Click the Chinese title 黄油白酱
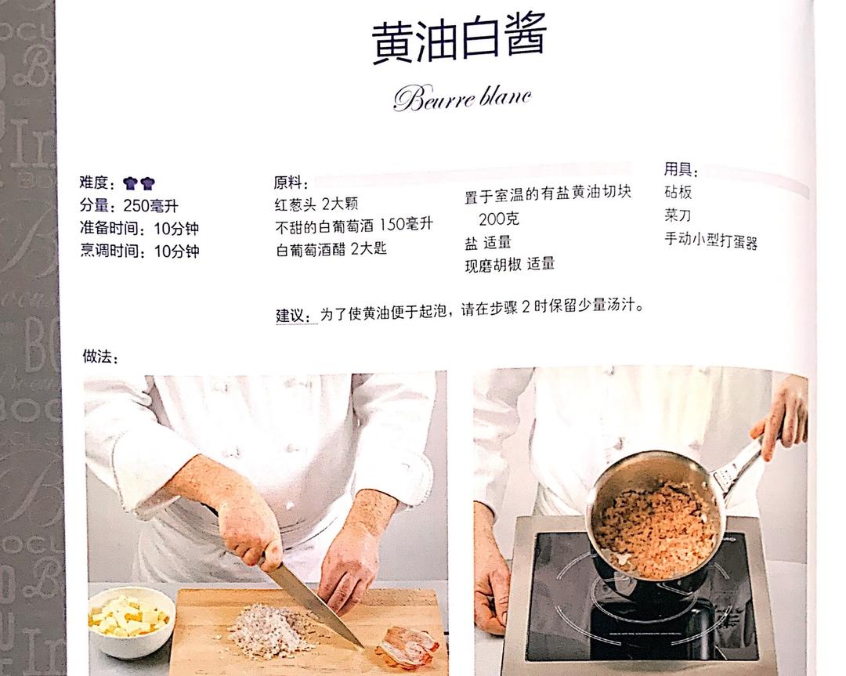tap(458, 41)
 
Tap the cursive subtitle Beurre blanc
tap(462, 98)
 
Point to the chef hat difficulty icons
tap(139, 183)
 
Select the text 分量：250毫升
tap(128, 206)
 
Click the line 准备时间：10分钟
tap(139, 229)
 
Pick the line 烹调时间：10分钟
tap(139, 251)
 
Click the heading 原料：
tap(291, 183)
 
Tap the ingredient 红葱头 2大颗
tap(316, 204)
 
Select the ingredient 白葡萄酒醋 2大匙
tap(331, 249)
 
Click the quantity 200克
tap(498, 219)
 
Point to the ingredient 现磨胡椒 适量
tap(509, 264)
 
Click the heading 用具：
tap(681, 170)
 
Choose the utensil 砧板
tap(678, 193)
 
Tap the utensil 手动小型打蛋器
tap(710, 240)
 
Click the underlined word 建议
tap(295, 315)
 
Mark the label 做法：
tap(100, 357)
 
